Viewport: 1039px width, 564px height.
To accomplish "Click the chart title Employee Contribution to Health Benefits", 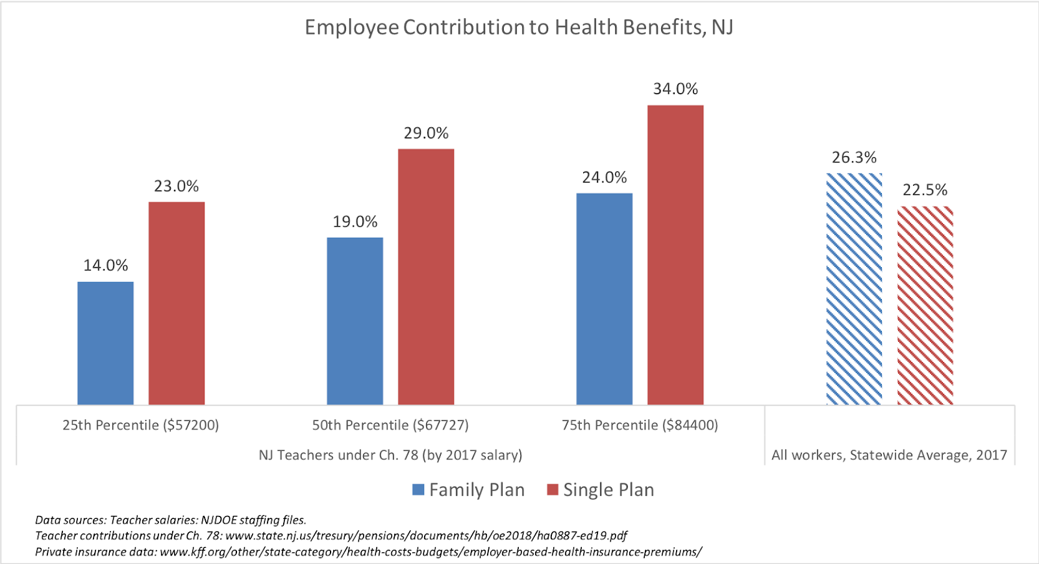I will [519, 27].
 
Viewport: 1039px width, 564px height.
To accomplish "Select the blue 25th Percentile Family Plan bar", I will [105, 343].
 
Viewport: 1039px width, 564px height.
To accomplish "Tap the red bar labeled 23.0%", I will [177, 303].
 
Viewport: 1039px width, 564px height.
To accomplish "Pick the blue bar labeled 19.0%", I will [355, 321].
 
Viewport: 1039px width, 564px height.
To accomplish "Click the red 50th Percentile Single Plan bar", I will [426, 277].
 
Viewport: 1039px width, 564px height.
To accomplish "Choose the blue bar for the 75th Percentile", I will [604, 299].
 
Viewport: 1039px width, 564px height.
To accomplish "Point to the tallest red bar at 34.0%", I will [675, 255].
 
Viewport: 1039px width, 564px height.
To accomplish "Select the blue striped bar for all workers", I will [854, 289].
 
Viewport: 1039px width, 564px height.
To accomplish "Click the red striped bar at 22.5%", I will [925, 305].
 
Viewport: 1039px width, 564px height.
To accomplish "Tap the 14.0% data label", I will [105, 265].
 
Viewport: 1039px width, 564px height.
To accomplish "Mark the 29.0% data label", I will [426, 133].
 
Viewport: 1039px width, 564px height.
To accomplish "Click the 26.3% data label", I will [854, 157].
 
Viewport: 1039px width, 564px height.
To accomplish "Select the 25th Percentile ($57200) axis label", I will [140, 425].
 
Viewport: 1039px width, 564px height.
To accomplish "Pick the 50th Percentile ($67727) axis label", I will [390, 425].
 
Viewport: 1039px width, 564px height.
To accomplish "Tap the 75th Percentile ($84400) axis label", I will [640, 425].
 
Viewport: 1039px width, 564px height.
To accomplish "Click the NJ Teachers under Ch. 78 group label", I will [390, 455].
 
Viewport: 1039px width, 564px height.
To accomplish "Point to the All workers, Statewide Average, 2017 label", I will [889, 455].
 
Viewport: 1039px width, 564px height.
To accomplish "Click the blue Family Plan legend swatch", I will [418, 489].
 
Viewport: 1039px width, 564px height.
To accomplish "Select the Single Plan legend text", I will [608, 489].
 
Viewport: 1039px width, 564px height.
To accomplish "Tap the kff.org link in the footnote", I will [431, 552].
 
